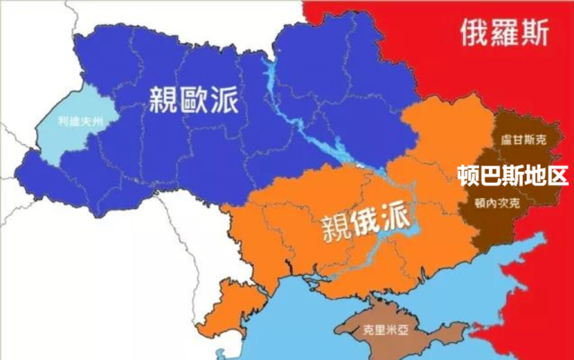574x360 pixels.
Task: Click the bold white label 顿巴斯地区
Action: [x=511, y=173]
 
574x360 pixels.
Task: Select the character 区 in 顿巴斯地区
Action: [x=556, y=173]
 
